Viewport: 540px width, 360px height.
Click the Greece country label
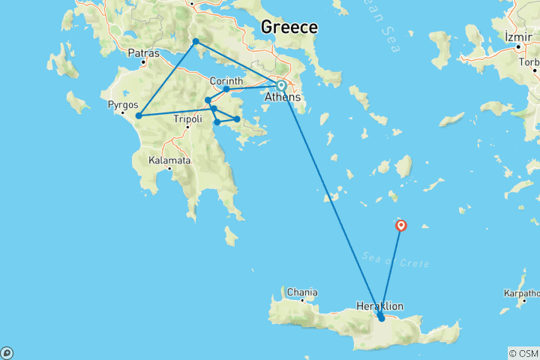tap(289, 27)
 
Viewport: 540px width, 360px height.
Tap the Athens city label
tap(283, 97)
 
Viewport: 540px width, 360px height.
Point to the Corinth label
tap(226, 81)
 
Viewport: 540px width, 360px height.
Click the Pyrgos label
tap(123, 105)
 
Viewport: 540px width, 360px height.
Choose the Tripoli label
tap(187, 118)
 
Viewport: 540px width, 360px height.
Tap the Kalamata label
tap(169, 160)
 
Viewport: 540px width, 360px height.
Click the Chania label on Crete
tap(301, 292)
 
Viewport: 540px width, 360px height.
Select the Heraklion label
tap(380, 306)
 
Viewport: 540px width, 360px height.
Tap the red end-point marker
tap(401, 224)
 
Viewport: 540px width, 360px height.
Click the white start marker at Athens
tap(281, 85)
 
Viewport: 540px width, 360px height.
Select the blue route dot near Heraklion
tap(382, 318)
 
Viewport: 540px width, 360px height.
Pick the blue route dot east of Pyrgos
tap(139, 115)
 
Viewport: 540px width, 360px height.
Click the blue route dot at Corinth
tap(226, 89)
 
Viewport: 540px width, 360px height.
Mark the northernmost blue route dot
tap(196, 41)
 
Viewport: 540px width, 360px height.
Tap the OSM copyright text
tap(523, 353)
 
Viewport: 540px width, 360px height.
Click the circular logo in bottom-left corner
tap(7, 352)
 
